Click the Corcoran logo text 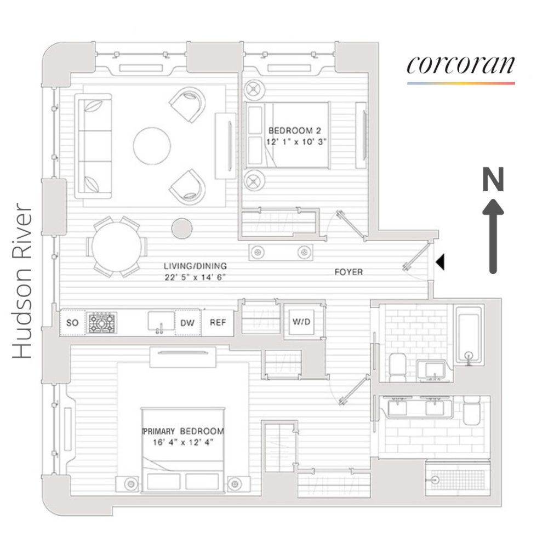[460, 65]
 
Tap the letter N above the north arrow [493, 180]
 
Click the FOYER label [349, 272]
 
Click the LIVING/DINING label [195, 266]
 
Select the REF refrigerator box [218, 323]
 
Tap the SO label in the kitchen [72, 323]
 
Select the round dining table [119, 246]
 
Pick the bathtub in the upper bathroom [469, 335]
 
